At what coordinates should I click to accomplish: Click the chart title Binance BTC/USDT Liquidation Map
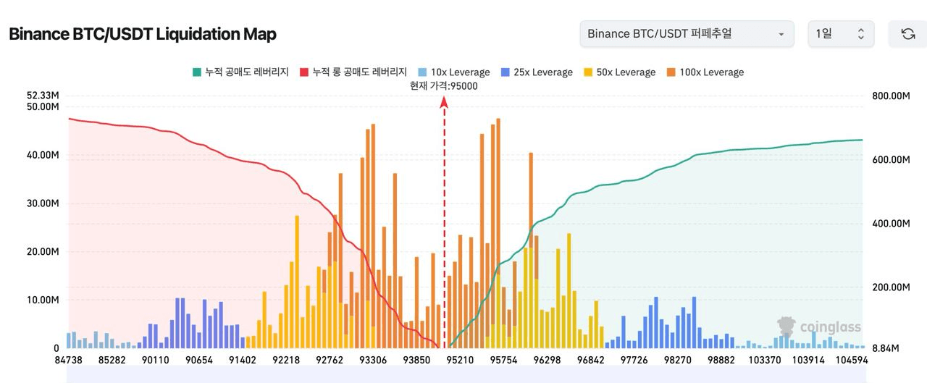coord(143,34)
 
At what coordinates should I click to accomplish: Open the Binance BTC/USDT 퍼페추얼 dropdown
coord(687,34)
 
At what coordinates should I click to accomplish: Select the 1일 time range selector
coord(841,34)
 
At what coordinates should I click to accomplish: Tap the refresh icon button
coord(907,34)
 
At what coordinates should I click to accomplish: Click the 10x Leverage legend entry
coord(453,72)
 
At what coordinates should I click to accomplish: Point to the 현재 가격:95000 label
coord(444,86)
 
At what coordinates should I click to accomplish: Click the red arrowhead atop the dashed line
coord(444,102)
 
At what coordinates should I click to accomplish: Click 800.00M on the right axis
coord(891,96)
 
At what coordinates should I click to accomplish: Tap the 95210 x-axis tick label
coord(460,360)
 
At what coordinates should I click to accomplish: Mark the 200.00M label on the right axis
coord(891,287)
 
